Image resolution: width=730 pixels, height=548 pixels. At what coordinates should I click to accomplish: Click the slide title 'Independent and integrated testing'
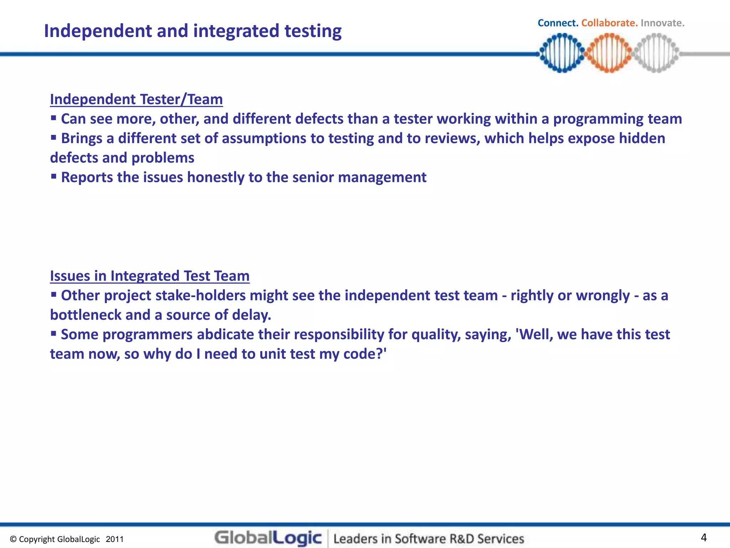pyautogui.click(x=192, y=31)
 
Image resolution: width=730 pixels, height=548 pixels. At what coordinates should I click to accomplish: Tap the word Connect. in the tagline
pyautogui.click(x=557, y=23)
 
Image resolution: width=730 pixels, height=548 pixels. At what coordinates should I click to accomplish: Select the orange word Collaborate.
pyautogui.click(x=609, y=23)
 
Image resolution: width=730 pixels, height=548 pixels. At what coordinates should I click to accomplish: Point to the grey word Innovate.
pyautogui.click(x=662, y=23)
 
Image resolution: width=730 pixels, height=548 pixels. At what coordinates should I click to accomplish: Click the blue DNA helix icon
pyautogui.click(x=562, y=53)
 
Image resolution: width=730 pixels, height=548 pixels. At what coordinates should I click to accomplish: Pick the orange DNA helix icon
pyautogui.click(x=609, y=53)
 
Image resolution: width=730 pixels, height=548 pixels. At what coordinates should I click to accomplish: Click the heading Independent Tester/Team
pyautogui.click(x=136, y=99)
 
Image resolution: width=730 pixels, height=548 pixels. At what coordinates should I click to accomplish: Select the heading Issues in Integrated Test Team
pyautogui.click(x=150, y=276)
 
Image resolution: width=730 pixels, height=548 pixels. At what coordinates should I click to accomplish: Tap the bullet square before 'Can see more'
pyautogui.click(x=53, y=118)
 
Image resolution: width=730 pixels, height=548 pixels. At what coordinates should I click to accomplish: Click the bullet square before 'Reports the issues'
pyautogui.click(x=53, y=176)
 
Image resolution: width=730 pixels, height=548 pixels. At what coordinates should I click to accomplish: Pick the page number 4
pyautogui.click(x=704, y=537)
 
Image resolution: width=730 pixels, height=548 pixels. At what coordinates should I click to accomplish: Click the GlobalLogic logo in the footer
pyautogui.click(x=268, y=538)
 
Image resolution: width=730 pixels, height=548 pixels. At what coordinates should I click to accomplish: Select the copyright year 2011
pyautogui.click(x=114, y=539)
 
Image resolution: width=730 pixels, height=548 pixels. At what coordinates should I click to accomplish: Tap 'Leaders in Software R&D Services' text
pyautogui.click(x=428, y=539)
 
